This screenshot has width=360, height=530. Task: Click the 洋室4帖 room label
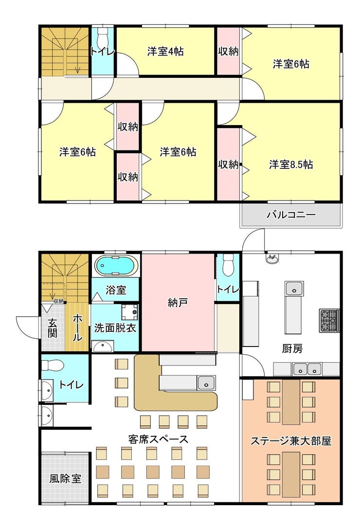(165, 52)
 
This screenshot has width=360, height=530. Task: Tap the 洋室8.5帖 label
(291, 164)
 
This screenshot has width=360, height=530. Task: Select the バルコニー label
(291, 215)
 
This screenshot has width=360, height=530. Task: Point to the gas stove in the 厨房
(329, 320)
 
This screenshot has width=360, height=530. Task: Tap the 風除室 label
(65, 478)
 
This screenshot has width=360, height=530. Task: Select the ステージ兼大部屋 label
(291, 441)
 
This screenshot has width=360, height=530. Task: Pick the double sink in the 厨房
(307, 369)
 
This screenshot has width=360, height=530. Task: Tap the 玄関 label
(52, 328)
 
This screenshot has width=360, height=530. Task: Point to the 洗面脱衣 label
(115, 328)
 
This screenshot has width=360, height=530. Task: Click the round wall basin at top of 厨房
(272, 259)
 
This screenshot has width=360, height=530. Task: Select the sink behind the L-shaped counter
(206, 383)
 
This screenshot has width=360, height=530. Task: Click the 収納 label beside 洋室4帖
(228, 52)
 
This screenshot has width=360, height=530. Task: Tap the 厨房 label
(292, 348)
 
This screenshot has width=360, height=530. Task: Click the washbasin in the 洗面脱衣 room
(103, 347)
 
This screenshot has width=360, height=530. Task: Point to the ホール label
(77, 328)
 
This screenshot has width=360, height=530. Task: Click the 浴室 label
(116, 290)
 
